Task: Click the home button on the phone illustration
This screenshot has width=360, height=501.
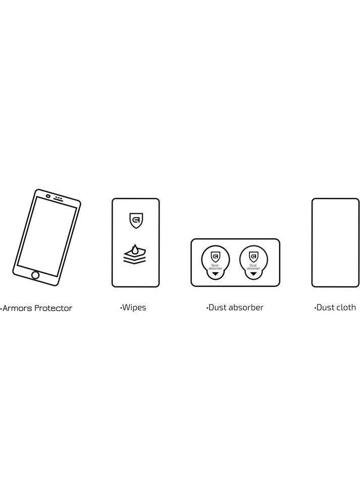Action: [35, 275]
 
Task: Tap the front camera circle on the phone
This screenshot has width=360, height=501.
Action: [48, 196]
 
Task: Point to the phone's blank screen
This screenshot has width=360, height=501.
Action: [47, 236]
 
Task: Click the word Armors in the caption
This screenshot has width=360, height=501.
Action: [17, 309]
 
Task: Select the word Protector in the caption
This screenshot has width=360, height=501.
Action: [54, 309]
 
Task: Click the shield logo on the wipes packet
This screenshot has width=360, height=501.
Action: [136, 221]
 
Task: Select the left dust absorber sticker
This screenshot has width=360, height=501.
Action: [215, 262]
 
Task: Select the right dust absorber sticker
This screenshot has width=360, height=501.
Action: [253, 262]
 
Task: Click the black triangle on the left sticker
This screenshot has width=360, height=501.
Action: [215, 274]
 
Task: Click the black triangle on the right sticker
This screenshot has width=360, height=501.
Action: [253, 274]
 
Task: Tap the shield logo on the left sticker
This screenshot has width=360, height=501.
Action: [216, 257]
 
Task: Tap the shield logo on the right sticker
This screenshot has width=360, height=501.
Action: [253, 257]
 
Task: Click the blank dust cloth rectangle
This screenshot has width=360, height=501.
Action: [335, 243]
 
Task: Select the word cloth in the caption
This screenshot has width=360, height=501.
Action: [346, 308]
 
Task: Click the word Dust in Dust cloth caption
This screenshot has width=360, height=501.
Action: [325, 308]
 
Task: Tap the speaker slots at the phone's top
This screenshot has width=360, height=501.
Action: [59, 198]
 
